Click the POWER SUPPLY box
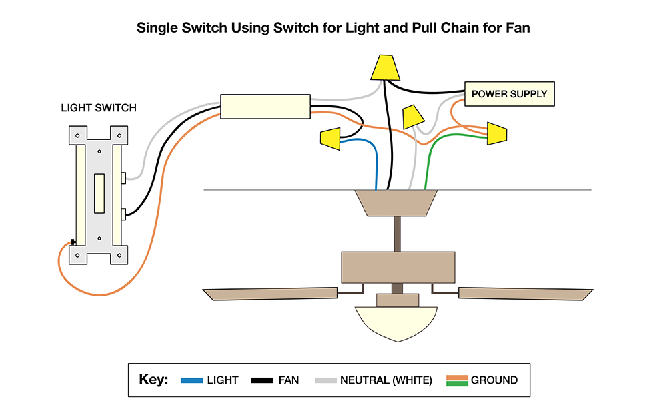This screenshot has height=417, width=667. [x=509, y=94]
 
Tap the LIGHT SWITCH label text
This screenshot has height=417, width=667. [x=99, y=108]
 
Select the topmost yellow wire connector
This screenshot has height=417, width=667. [x=386, y=67]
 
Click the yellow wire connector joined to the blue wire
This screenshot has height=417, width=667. [x=330, y=139]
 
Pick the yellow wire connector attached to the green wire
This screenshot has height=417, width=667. [x=497, y=133]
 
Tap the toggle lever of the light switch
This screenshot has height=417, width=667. [x=99, y=193]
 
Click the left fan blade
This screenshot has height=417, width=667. [x=270, y=293]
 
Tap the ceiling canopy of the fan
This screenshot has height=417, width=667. [x=396, y=203]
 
